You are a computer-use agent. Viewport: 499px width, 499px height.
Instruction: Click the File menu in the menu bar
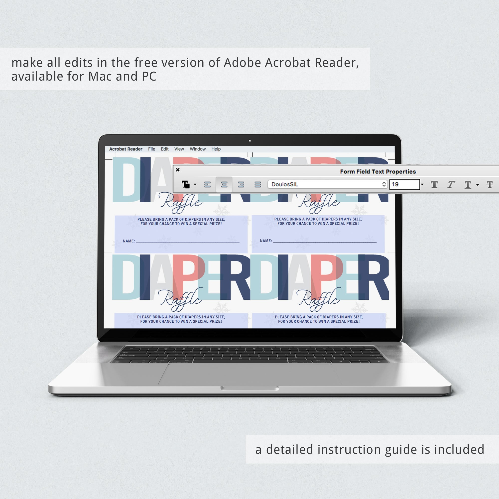[152, 149]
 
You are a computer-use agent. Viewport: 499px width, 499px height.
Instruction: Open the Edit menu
[164, 149]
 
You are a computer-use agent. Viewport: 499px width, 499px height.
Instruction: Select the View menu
[179, 149]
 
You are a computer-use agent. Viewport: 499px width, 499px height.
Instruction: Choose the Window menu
[198, 149]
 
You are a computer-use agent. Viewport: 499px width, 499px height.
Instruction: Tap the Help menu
[216, 149]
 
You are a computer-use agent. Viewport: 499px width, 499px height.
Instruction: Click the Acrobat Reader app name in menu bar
[125, 149]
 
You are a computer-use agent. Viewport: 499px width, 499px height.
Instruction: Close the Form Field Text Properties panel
[178, 170]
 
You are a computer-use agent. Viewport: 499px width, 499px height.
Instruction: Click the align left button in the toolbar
[207, 184]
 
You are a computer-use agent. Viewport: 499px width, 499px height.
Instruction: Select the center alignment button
[224, 184]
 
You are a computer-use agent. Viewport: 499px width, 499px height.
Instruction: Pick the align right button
[241, 184]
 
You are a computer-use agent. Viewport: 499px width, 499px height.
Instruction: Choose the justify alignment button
[257, 184]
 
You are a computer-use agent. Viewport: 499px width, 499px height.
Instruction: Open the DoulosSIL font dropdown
[328, 184]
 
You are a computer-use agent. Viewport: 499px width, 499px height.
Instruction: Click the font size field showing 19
[404, 184]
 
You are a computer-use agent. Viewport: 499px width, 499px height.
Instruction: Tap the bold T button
[434, 184]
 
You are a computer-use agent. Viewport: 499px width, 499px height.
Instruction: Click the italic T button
[451, 184]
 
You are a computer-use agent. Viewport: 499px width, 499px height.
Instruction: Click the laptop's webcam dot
[250, 141]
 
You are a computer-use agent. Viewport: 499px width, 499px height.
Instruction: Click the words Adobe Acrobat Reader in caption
[291, 63]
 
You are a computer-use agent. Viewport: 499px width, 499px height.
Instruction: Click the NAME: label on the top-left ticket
[129, 241]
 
